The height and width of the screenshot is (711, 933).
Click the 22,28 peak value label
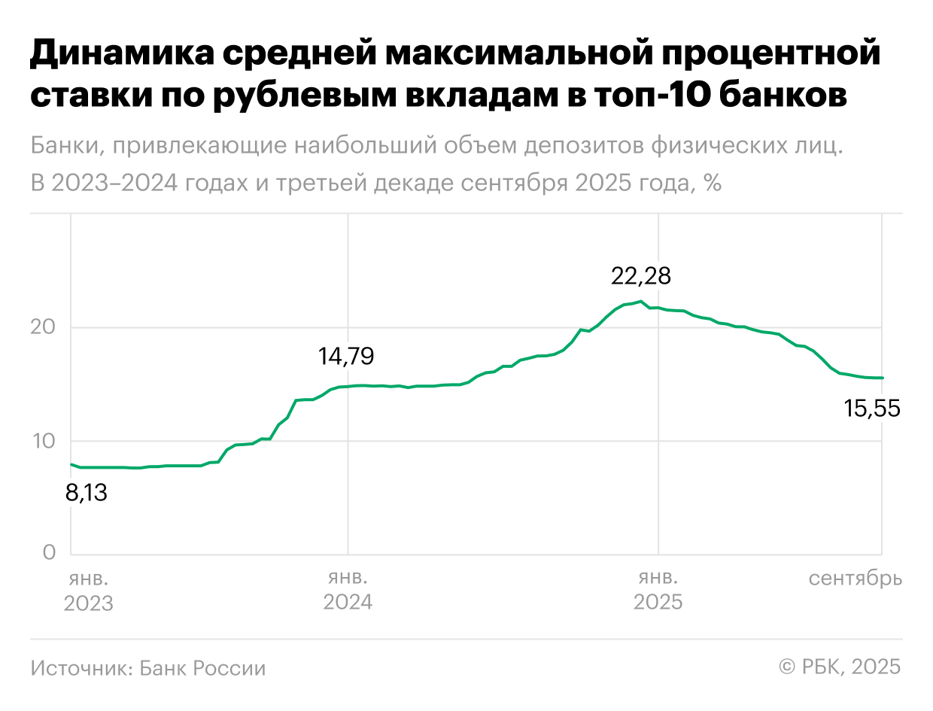pos(640,276)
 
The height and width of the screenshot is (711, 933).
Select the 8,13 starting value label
pos(86,493)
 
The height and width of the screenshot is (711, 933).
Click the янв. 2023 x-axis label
pos(88,591)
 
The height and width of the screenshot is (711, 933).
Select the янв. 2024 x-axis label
pos(348,591)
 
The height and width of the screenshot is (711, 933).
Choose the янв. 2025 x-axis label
pos(658,591)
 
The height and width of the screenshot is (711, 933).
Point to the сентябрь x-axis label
pos(855,579)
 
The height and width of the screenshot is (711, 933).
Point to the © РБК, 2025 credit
pos(839,667)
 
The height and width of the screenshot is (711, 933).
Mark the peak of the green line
pos(640,302)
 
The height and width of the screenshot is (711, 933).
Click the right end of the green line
pos(882,378)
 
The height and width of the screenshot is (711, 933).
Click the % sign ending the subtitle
pos(713,183)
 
